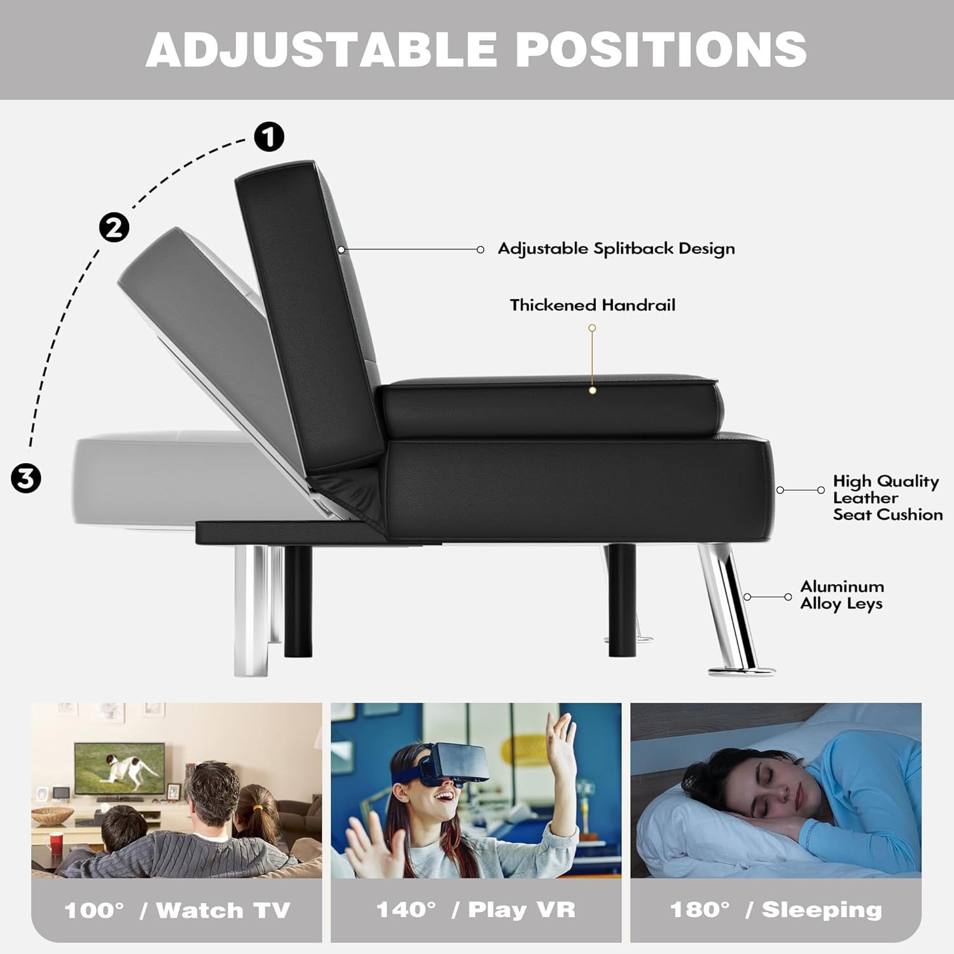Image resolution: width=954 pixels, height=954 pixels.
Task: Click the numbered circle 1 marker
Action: (x=269, y=137)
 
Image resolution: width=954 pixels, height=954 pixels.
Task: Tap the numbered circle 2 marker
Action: (x=114, y=227)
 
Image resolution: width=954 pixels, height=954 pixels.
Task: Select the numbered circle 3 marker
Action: (x=26, y=478)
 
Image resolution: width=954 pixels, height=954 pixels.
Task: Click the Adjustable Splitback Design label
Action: (x=616, y=249)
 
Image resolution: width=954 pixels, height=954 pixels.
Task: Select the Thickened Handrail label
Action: (x=592, y=305)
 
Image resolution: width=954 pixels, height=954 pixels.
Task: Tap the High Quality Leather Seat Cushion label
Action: (x=887, y=498)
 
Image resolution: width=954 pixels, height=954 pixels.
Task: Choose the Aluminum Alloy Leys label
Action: (x=841, y=595)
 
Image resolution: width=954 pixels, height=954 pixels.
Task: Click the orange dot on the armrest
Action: (x=592, y=391)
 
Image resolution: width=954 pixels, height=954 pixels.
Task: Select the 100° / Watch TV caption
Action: (x=177, y=910)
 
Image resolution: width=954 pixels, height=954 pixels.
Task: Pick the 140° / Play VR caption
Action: (x=476, y=909)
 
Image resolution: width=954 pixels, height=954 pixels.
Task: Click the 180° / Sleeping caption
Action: (x=776, y=909)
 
